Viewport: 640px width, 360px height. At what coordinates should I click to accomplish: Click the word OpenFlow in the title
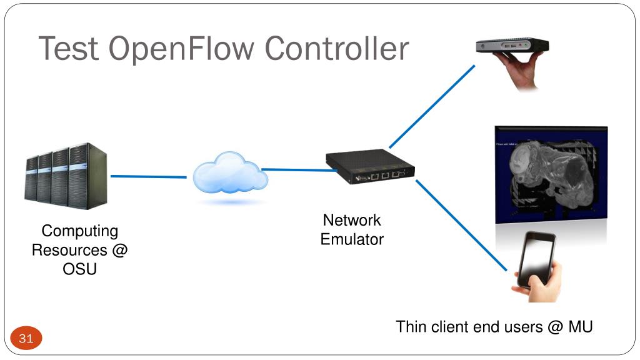(x=181, y=49)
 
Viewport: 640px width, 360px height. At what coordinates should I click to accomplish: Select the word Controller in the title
(x=337, y=48)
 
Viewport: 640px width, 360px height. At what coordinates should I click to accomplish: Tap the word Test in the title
(x=69, y=48)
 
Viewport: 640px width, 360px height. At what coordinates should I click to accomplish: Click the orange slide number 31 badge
(x=26, y=338)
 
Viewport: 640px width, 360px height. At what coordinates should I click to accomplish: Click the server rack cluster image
(x=66, y=176)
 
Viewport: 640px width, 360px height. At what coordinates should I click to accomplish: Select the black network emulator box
(x=370, y=166)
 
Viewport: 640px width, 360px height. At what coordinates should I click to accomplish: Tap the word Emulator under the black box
(x=352, y=239)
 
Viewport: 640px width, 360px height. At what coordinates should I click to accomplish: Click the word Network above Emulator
(x=352, y=220)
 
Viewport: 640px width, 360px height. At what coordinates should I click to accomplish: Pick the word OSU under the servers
(x=79, y=269)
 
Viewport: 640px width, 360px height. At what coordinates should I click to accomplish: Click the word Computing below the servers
(x=80, y=231)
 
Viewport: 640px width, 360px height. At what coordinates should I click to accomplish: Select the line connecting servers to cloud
(x=149, y=177)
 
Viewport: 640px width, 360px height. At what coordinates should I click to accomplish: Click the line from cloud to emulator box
(x=299, y=170)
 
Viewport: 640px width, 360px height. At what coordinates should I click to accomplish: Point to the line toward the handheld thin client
(x=432, y=106)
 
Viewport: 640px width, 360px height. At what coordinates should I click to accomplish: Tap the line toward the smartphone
(x=461, y=225)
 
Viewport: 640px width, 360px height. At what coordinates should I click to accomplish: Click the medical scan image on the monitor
(x=551, y=175)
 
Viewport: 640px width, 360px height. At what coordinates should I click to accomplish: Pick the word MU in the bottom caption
(x=581, y=327)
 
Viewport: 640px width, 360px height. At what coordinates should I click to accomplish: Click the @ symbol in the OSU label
(x=119, y=250)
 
